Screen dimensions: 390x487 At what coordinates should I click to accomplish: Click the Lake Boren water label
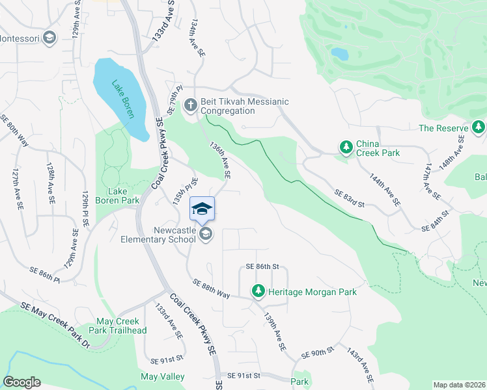click(x=122, y=99)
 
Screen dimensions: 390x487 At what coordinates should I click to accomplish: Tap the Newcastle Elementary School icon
click(x=206, y=234)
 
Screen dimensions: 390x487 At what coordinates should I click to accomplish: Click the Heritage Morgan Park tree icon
click(x=258, y=291)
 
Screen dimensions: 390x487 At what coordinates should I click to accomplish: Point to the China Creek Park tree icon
click(x=345, y=148)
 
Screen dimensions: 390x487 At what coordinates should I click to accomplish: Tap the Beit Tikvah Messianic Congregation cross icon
click(x=190, y=105)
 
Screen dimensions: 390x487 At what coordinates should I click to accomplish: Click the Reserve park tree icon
click(x=479, y=127)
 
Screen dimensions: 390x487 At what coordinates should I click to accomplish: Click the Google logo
click(x=21, y=382)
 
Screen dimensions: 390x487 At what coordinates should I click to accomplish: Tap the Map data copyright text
click(x=458, y=385)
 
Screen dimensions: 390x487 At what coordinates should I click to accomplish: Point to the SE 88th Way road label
click(x=212, y=289)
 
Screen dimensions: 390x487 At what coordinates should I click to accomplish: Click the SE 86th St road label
click(x=262, y=266)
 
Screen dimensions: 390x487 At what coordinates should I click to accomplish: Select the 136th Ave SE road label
click(x=220, y=161)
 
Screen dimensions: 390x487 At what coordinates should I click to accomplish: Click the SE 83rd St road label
click(x=349, y=198)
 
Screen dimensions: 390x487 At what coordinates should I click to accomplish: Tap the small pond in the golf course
click(x=339, y=53)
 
